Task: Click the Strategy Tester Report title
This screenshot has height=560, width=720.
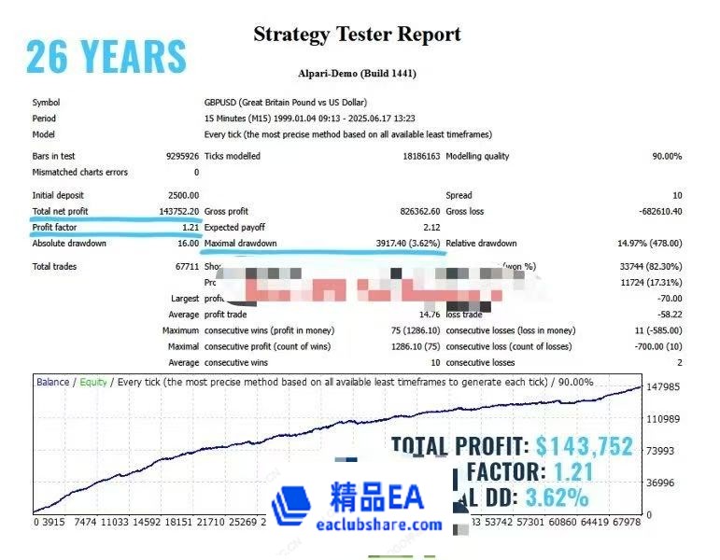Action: coord(357,35)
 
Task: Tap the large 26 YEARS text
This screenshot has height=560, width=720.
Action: coord(106,56)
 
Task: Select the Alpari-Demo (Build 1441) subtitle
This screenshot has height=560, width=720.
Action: coord(357,73)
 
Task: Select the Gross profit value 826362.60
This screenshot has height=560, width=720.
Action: coord(411,212)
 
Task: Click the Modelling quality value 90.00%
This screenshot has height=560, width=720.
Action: coord(666,156)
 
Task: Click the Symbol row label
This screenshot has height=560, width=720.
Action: coord(46,102)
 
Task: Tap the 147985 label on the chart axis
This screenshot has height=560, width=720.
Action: coord(663,386)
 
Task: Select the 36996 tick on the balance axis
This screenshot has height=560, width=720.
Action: coord(660,483)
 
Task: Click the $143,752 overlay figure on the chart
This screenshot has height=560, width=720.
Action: coord(585,446)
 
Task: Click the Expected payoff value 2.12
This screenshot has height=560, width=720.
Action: coord(431,228)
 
